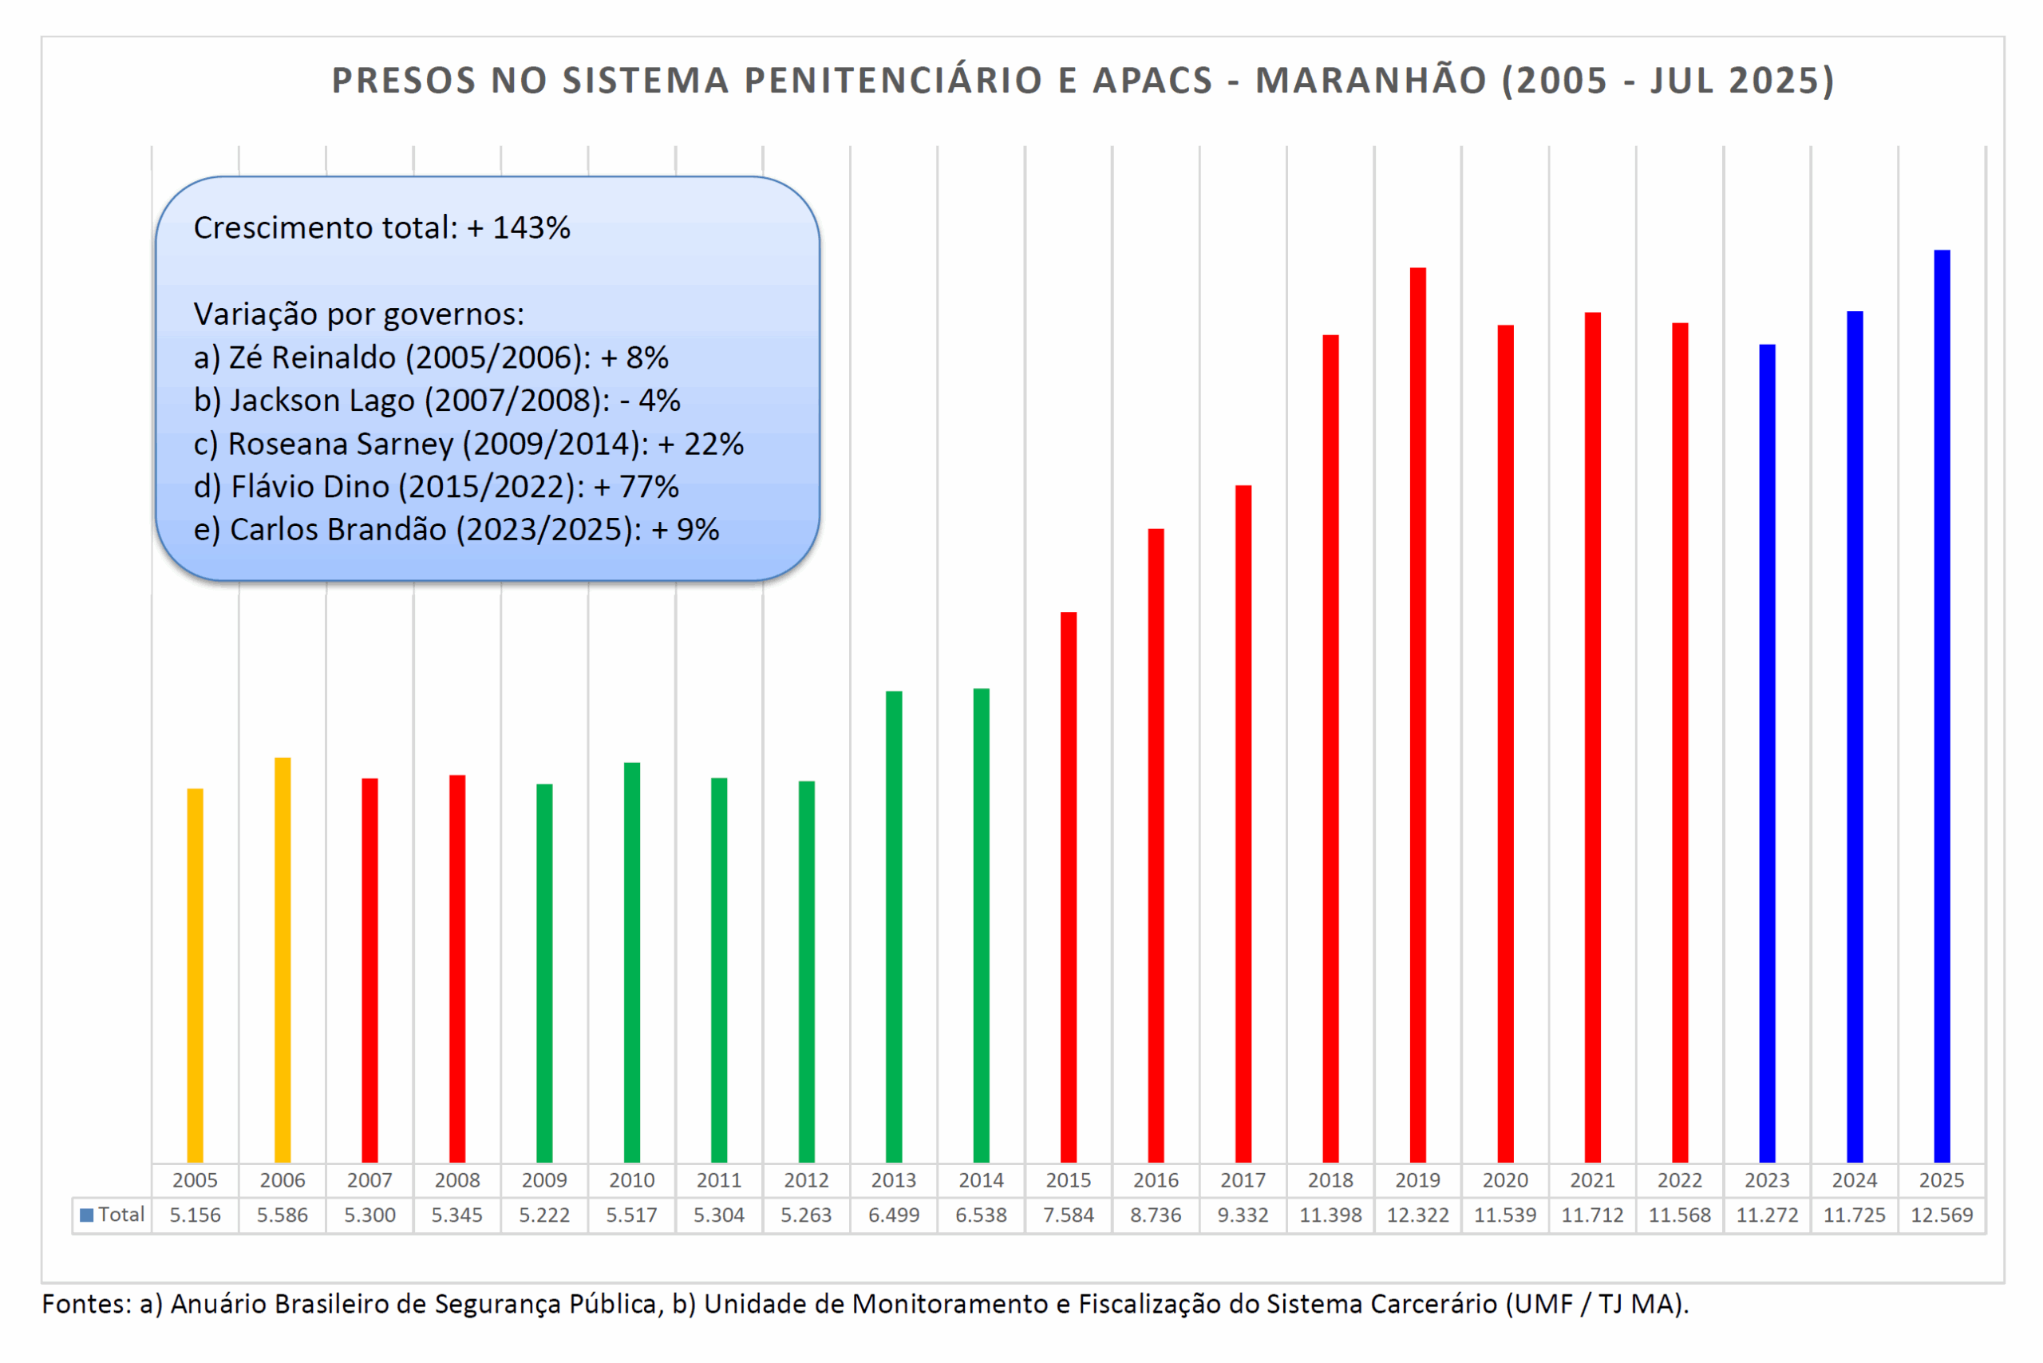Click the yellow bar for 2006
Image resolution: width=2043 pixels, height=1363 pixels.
pos(283,960)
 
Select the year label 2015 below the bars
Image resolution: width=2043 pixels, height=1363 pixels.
pos(1069,1179)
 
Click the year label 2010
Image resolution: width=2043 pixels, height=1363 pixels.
pos(631,1179)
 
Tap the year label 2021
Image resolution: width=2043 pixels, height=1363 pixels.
pos(1592,1179)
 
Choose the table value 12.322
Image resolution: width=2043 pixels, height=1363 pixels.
pos(1417,1215)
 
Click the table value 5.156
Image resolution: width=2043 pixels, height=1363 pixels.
pos(195,1215)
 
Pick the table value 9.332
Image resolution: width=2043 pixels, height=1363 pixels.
pos(1243,1215)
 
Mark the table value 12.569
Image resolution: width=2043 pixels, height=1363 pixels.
pos(1942,1215)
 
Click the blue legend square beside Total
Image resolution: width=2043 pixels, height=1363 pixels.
pos(87,1215)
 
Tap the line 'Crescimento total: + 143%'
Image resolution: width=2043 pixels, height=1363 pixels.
pos(381,227)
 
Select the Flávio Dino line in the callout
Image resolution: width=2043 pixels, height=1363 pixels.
pos(436,487)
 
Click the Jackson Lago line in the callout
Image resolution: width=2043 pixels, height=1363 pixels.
pos(437,401)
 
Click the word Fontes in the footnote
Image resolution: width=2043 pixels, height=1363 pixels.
pos(85,1304)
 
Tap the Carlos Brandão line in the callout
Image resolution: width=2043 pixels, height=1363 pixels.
pos(456,529)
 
